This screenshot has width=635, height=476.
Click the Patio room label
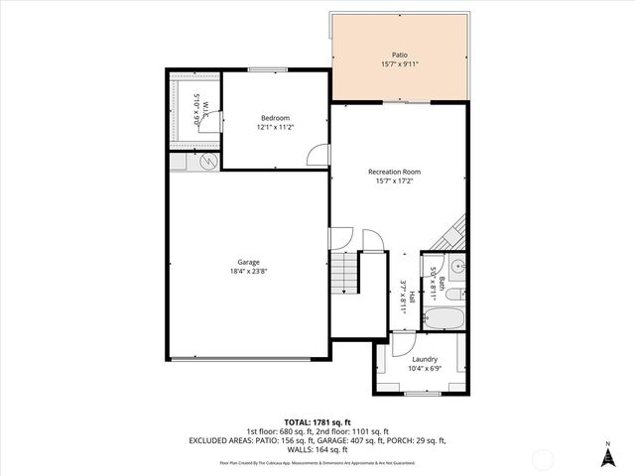pyautogui.click(x=399, y=56)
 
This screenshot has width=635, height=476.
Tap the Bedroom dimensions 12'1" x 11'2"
pyautogui.click(x=275, y=127)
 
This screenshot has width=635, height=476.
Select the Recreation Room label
pyautogui.click(x=394, y=171)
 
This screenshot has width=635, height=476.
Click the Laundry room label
pyautogui.click(x=424, y=359)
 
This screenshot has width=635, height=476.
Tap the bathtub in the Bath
pyautogui.click(x=441, y=319)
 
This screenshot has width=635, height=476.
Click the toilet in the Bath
pyautogui.click(x=452, y=294)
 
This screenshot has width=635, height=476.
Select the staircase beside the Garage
pyautogui.click(x=342, y=273)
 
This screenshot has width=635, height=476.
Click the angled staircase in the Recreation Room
pyautogui.click(x=450, y=236)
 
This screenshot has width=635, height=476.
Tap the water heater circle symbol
pyautogui.click(x=208, y=162)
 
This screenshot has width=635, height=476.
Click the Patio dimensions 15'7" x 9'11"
pyautogui.click(x=399, y=65)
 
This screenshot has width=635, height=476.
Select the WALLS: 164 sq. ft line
pyautogui.click(x=317, y=449)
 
